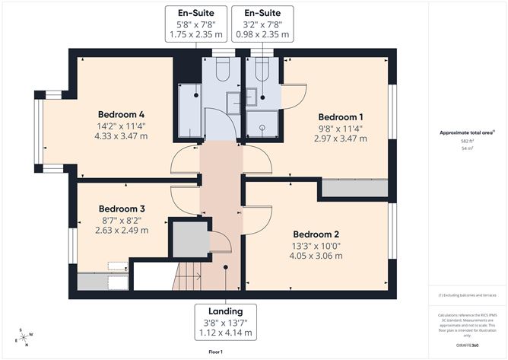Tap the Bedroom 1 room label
tap(340, 117)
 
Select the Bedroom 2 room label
tap(316, 234)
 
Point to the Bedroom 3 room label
tap(122, 209)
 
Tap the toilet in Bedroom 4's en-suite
tap(223, 71)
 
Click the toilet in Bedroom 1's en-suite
tap(261, 71)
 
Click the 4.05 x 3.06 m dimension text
tap(316, 256)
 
